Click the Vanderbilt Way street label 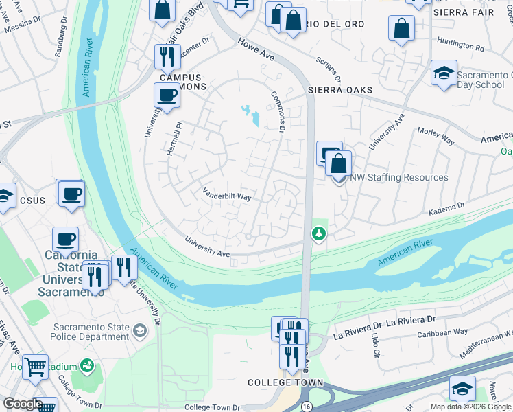tap(226, 196)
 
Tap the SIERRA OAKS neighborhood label tap(339, 90)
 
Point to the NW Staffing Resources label tap(399, 177)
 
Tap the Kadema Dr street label tap(446, 205)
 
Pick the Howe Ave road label tap(256, 50)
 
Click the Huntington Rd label tap(460, 47)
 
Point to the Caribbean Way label tap(443, 332)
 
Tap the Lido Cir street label tap(375, 348)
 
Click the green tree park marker tap(318, 234)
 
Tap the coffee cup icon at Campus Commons tap(167, 96)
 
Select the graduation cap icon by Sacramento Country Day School tap(444, 73)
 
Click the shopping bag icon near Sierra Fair tap(402, 29)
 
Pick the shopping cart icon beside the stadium tap(35, 366)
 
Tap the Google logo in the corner tap(22, 404)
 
